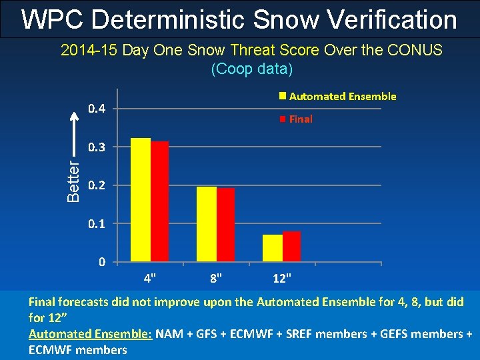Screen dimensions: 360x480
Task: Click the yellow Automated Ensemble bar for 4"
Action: coord(141,199)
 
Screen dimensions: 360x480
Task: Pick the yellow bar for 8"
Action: coord(207,224)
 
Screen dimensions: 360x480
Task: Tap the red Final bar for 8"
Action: coord(225,225)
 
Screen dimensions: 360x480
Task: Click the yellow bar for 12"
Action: coord(273,247)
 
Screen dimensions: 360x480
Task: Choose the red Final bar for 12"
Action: coord(292,246)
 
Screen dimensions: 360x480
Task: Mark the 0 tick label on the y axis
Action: coord(101,262)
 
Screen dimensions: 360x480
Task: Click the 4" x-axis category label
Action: coord(150,276)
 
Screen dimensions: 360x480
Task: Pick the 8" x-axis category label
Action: coord(216,276)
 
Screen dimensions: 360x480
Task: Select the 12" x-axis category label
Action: coord(282,276)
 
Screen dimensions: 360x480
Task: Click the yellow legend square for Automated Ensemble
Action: coord(283,96)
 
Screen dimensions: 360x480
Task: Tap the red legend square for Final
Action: coord(283,119)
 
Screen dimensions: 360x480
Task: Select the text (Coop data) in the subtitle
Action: coord(251,69)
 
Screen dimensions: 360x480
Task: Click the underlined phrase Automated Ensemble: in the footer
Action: coord(91,333)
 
